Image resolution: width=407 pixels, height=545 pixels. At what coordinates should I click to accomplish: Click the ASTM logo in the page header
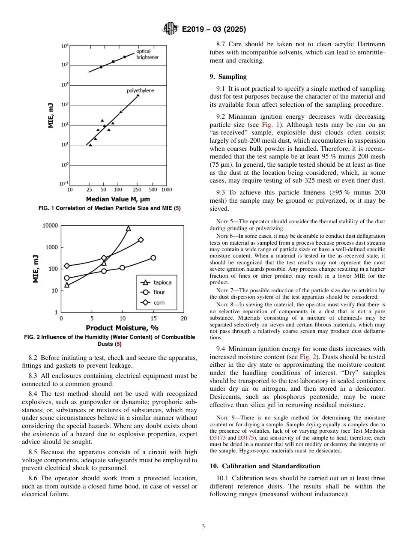coord(170,29)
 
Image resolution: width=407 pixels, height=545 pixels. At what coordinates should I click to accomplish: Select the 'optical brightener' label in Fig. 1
coord(147,54)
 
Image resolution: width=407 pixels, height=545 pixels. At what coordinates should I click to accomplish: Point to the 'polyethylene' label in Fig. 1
coord(140,91)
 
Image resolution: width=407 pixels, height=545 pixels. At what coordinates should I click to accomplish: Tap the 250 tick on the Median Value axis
coord(137,189)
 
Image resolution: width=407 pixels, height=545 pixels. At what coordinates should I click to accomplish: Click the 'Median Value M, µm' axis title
coord(118,199)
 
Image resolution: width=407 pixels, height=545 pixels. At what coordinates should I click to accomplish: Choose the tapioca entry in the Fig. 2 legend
coord(156,282)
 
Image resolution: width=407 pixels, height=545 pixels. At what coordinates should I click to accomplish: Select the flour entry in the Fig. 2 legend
coord(154,292)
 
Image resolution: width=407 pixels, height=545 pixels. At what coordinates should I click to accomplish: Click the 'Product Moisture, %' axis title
coord(122,329)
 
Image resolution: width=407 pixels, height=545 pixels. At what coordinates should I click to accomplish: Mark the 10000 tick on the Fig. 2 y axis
coord(50,226)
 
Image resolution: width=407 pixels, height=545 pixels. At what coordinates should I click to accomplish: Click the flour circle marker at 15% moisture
coord(153,258)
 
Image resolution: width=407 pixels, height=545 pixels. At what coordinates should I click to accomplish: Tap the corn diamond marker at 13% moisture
coord(141,240)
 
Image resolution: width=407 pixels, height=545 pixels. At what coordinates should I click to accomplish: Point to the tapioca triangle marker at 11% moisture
coord(128,228)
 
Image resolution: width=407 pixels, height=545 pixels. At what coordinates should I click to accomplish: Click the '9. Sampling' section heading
coord(228,77)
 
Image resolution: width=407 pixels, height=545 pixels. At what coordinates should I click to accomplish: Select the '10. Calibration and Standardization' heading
coord(265,466)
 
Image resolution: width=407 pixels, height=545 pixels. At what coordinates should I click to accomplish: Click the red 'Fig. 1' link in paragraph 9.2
coord(270,125)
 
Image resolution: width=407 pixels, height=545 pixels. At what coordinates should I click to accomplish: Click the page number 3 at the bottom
coord(203,527)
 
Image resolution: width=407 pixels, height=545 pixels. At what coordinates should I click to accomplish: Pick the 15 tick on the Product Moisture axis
coord(153,318)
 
